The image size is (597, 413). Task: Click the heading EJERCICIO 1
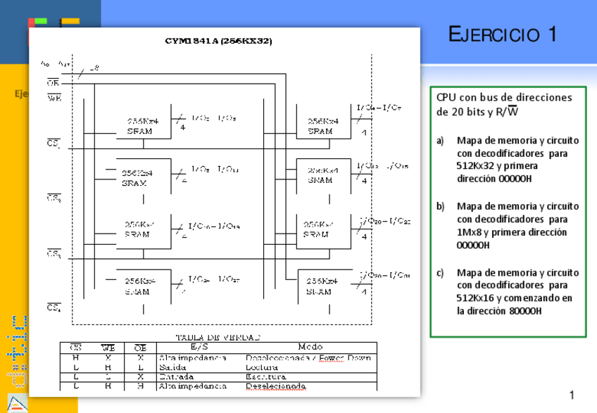tap(503, 34)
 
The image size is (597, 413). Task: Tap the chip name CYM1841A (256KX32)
tap(219, 41)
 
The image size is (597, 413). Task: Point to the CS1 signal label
tap(54, 144)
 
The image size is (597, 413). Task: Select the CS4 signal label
tap(54, 307)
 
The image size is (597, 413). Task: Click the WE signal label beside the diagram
tap(54, 99)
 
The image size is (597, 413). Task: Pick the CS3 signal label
tap(54, 253)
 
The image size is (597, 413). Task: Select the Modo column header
tap(310, 346)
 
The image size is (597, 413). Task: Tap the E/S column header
tap(199, 346)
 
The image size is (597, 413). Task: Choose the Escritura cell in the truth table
tap(264, 376)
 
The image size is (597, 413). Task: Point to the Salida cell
tap(173, 367)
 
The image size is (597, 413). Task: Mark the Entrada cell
tap(177, 376)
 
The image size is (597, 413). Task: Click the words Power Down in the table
tap(345, 357)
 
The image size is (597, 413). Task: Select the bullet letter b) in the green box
tap(441, 206)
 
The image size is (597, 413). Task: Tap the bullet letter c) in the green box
tap(441, 272)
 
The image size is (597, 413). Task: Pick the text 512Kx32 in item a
tap(475, 166)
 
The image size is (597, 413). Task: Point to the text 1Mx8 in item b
tap(470, 232)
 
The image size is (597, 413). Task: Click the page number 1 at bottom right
tap(572, 394)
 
